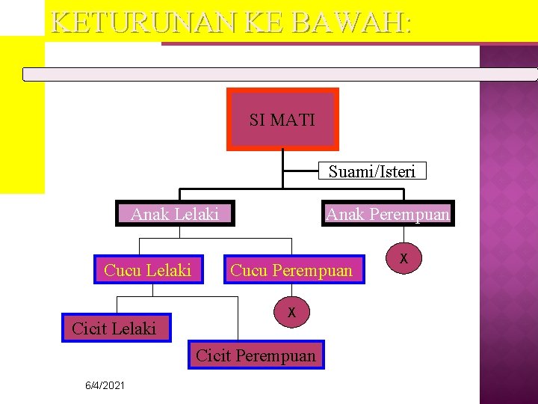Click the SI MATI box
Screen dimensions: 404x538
coord(282,120)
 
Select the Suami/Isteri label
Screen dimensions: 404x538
coord(371,172)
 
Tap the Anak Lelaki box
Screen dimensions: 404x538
coord(175,215)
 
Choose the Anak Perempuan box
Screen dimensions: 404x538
coord(388,215)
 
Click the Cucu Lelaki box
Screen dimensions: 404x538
coord(148,270)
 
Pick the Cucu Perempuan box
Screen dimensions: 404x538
coord(291,270)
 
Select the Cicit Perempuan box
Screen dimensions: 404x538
coord(256,355)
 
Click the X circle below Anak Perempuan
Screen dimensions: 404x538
coord(403,258)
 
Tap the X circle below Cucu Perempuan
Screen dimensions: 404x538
coord(292,312)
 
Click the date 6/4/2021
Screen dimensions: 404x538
coord(105,385)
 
